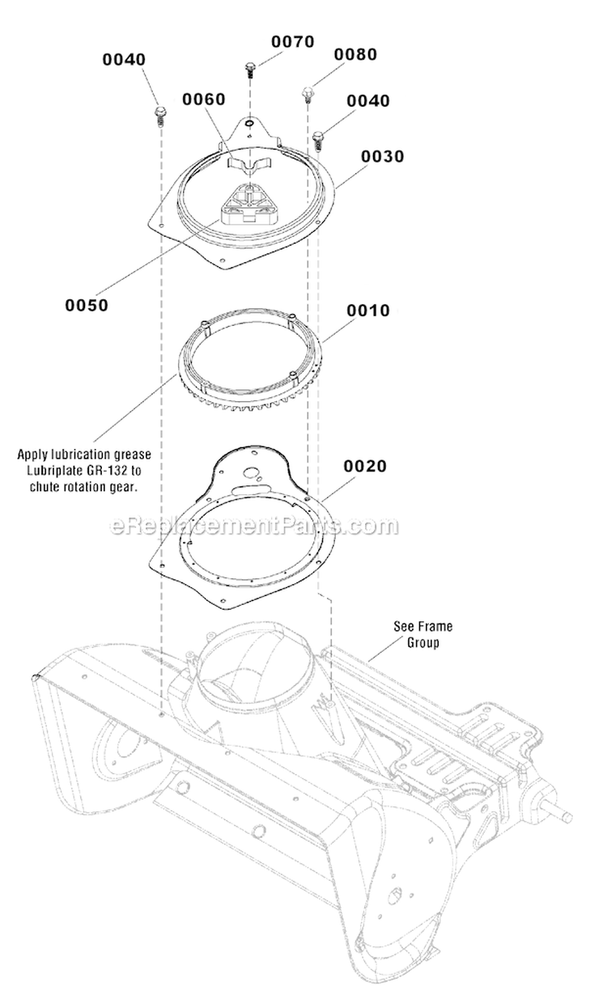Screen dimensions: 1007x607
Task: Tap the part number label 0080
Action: click(355, 54)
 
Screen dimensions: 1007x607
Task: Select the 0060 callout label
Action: click(203, 99)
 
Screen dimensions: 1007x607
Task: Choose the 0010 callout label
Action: click(368, 311)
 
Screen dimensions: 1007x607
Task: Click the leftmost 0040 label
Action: click(124, 59)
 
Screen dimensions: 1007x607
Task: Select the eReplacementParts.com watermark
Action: click(253, 527)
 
